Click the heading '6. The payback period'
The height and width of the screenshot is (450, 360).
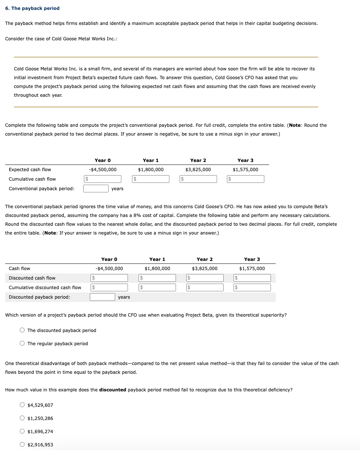click(x=32, y=8)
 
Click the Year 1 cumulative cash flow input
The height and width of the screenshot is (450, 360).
click(x=151, y=179)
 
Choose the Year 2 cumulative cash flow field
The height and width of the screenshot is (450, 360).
click(x=198, y=179)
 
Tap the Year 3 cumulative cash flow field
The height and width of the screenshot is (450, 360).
click(x=246, y=179)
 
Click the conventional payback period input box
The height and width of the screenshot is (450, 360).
click(x=96, y=188)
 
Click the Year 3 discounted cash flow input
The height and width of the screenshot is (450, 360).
click(x=252, y=278)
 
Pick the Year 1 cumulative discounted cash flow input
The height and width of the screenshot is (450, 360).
click(x=157, y=288)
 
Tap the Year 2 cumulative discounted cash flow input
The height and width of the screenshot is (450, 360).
click(x=205, y=288)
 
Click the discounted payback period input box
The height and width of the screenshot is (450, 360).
click(x=102, y=297)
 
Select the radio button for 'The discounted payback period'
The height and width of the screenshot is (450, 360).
click(x=22, y=330)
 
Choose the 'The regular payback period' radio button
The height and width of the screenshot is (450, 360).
click(x=22, y=343)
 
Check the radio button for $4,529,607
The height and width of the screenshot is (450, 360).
click(x=22, y=405)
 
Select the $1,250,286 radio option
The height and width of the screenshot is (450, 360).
click(x=22, y=418)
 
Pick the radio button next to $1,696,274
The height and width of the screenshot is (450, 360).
click(x=22, y=431)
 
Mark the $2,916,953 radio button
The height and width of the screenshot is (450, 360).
click(x=22, y=445)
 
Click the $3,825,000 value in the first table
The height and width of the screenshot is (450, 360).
click(x=198, y=169)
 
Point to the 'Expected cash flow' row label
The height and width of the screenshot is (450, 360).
click(x=30, y=169)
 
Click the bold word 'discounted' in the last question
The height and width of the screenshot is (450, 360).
click(x=113, y=390)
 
